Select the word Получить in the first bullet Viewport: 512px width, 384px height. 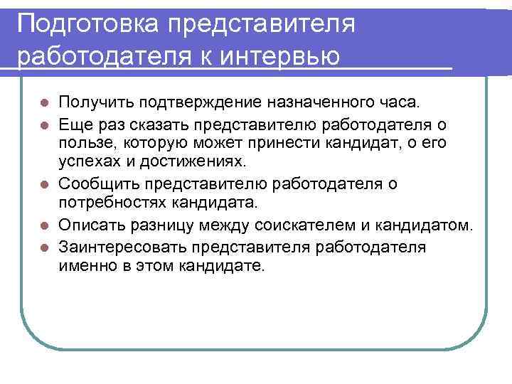point(95,105)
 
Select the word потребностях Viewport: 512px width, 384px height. point(112,203)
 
